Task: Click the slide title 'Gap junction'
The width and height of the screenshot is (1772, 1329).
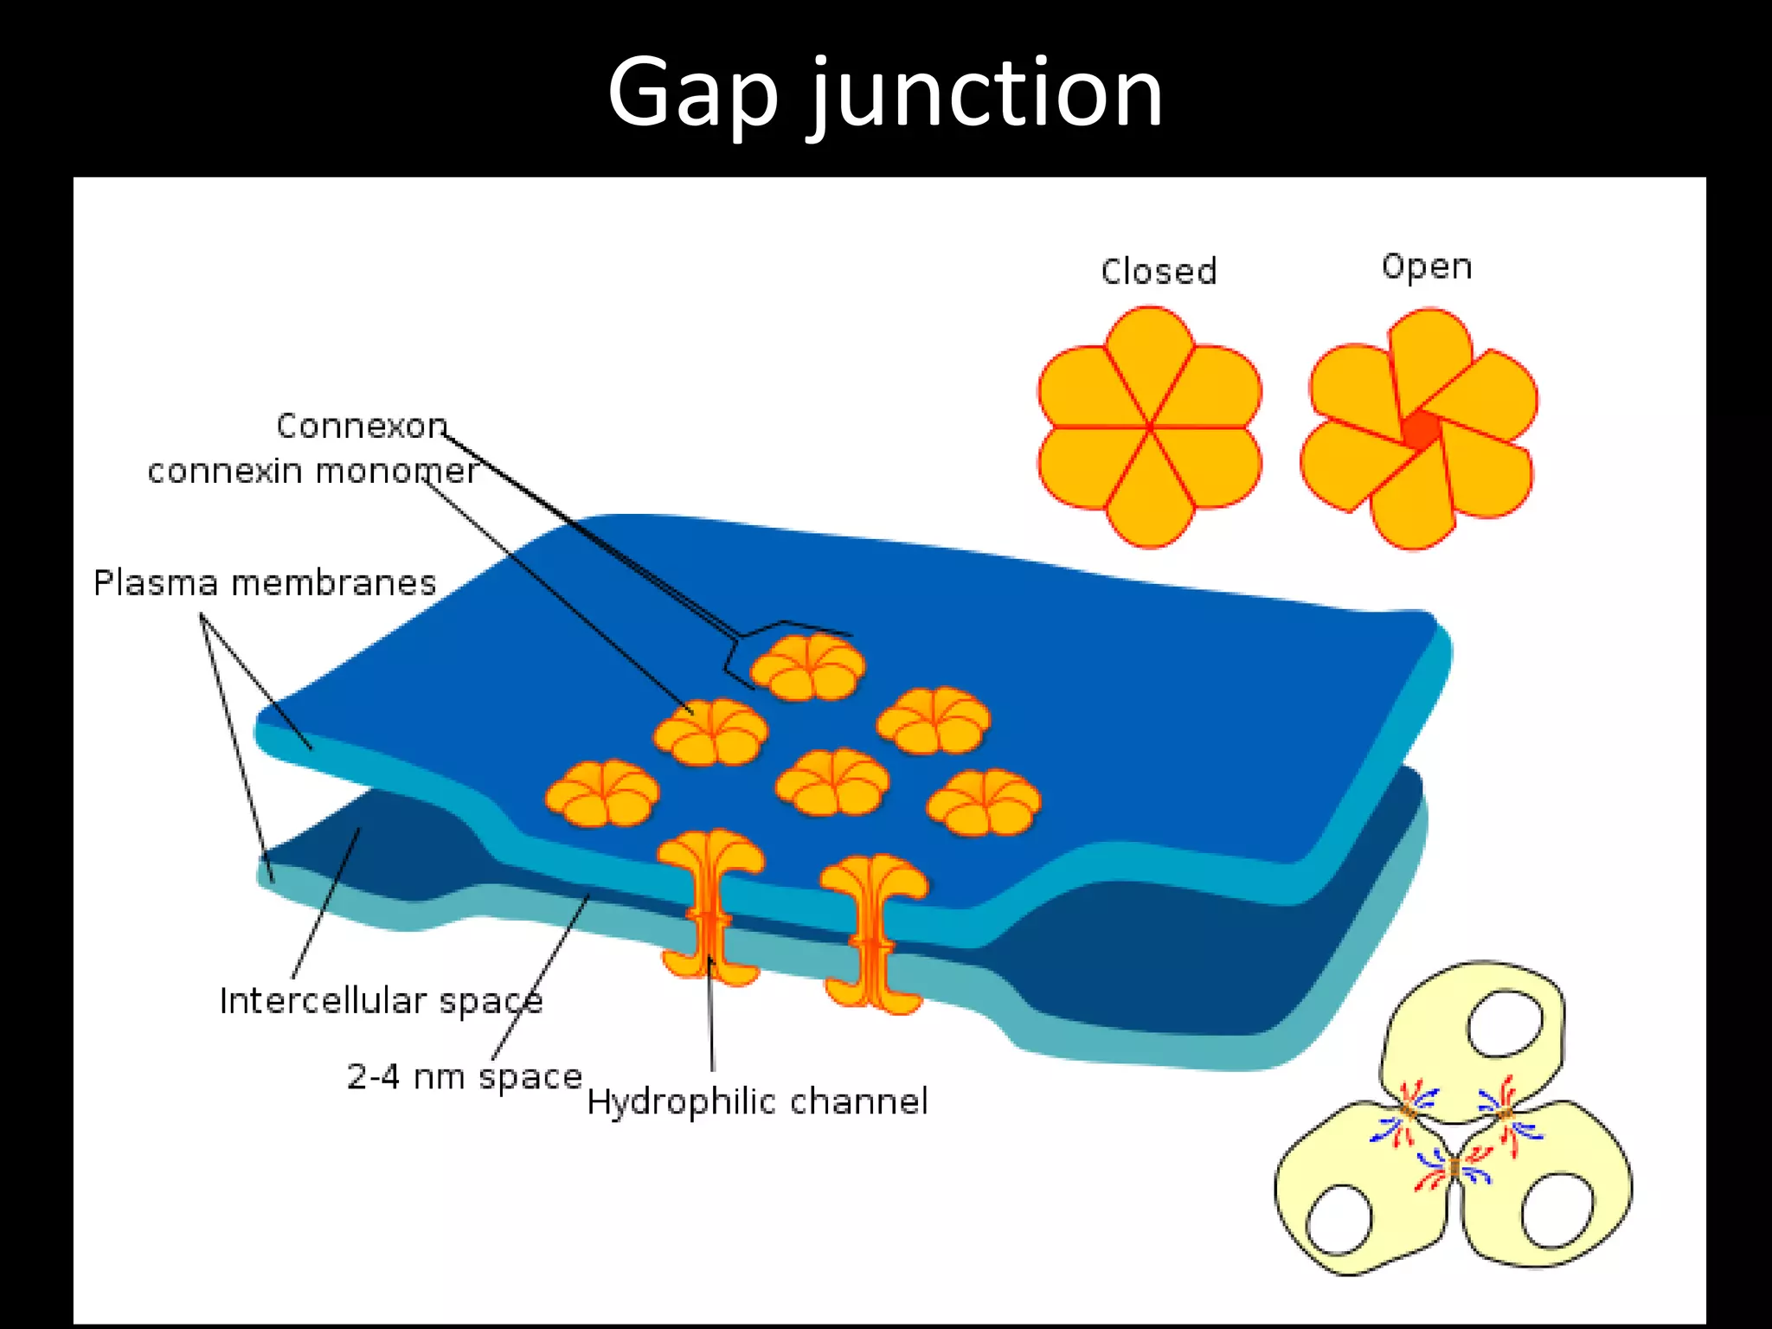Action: click(x=884, y=93)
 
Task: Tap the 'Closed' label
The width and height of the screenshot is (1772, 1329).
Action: click(x=1159, y=272)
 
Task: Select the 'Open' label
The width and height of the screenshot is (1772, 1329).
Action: click(x=1426, y=266)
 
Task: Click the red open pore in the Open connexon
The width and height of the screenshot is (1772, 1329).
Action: click(x=1420, y=430)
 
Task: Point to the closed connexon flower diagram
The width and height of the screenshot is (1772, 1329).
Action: click(x=1149, y=427)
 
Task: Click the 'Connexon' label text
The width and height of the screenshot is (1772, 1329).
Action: click(x=362, y=426)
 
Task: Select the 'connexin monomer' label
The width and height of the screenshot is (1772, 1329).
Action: click(x=311, y=472)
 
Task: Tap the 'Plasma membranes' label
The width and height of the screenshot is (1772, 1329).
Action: click(x=264, y=583)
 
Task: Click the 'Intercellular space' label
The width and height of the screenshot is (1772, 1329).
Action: click(x=381, y=1001)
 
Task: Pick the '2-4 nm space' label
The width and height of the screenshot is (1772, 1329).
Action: click(x=464, y=1077)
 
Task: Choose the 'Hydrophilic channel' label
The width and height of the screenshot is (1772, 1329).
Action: click(x=757, y=1102)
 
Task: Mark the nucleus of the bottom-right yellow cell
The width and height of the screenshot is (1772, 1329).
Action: click(x=1557, y=1210)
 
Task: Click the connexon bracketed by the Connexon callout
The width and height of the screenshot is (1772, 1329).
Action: click(x=807, y=666)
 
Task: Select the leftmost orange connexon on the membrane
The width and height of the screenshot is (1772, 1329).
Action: click(x=602, y=793)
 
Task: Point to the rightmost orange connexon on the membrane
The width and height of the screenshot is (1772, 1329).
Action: click(x=983, y=803)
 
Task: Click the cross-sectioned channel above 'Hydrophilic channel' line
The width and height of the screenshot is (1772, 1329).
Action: click(x=710, y=908)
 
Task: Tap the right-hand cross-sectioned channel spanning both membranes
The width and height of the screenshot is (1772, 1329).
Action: click(x=873, y=934)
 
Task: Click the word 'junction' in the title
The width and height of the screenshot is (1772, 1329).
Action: click(x=986, y=93)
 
